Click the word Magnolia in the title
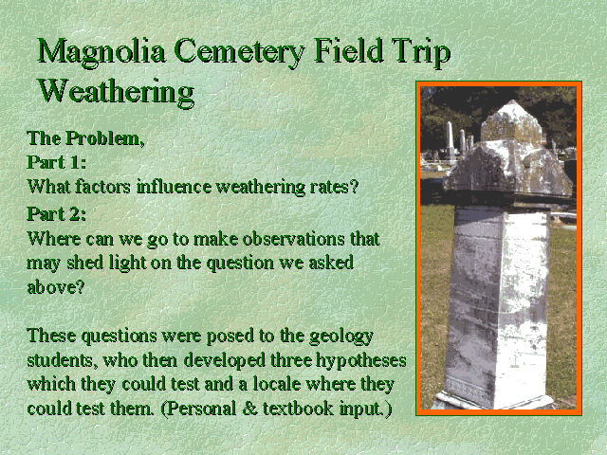[x=101, y=52]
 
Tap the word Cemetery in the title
[x=240, y=52]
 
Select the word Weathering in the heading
[x=116, y=92]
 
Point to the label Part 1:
[x=57, y=162]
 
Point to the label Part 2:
[x=57, y=214]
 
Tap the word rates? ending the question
[x=334, y=188]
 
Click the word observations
[x=293, y=239]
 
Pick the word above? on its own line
[x=56, y=286]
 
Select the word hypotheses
[x=361, y=360]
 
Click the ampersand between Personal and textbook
[x=249, y=409]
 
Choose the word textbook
[x=298, y=409]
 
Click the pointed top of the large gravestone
[x=512, y=101]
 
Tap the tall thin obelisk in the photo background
[x=450, y=140]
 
